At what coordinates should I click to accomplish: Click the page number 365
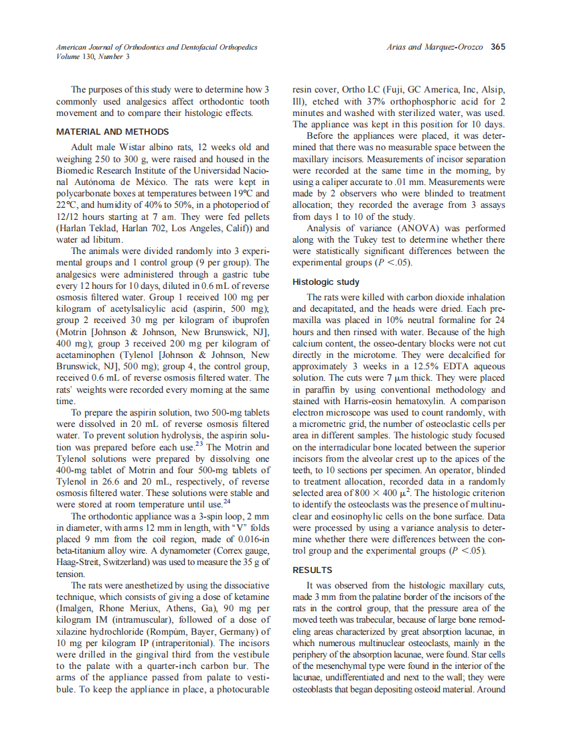tap(497, 47)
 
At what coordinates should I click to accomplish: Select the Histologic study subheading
tap(326, 282)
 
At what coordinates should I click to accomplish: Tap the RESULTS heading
tap(312, 570)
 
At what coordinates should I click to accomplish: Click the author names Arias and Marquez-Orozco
tap(435, 47)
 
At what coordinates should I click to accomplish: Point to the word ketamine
tap(250, 597)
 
